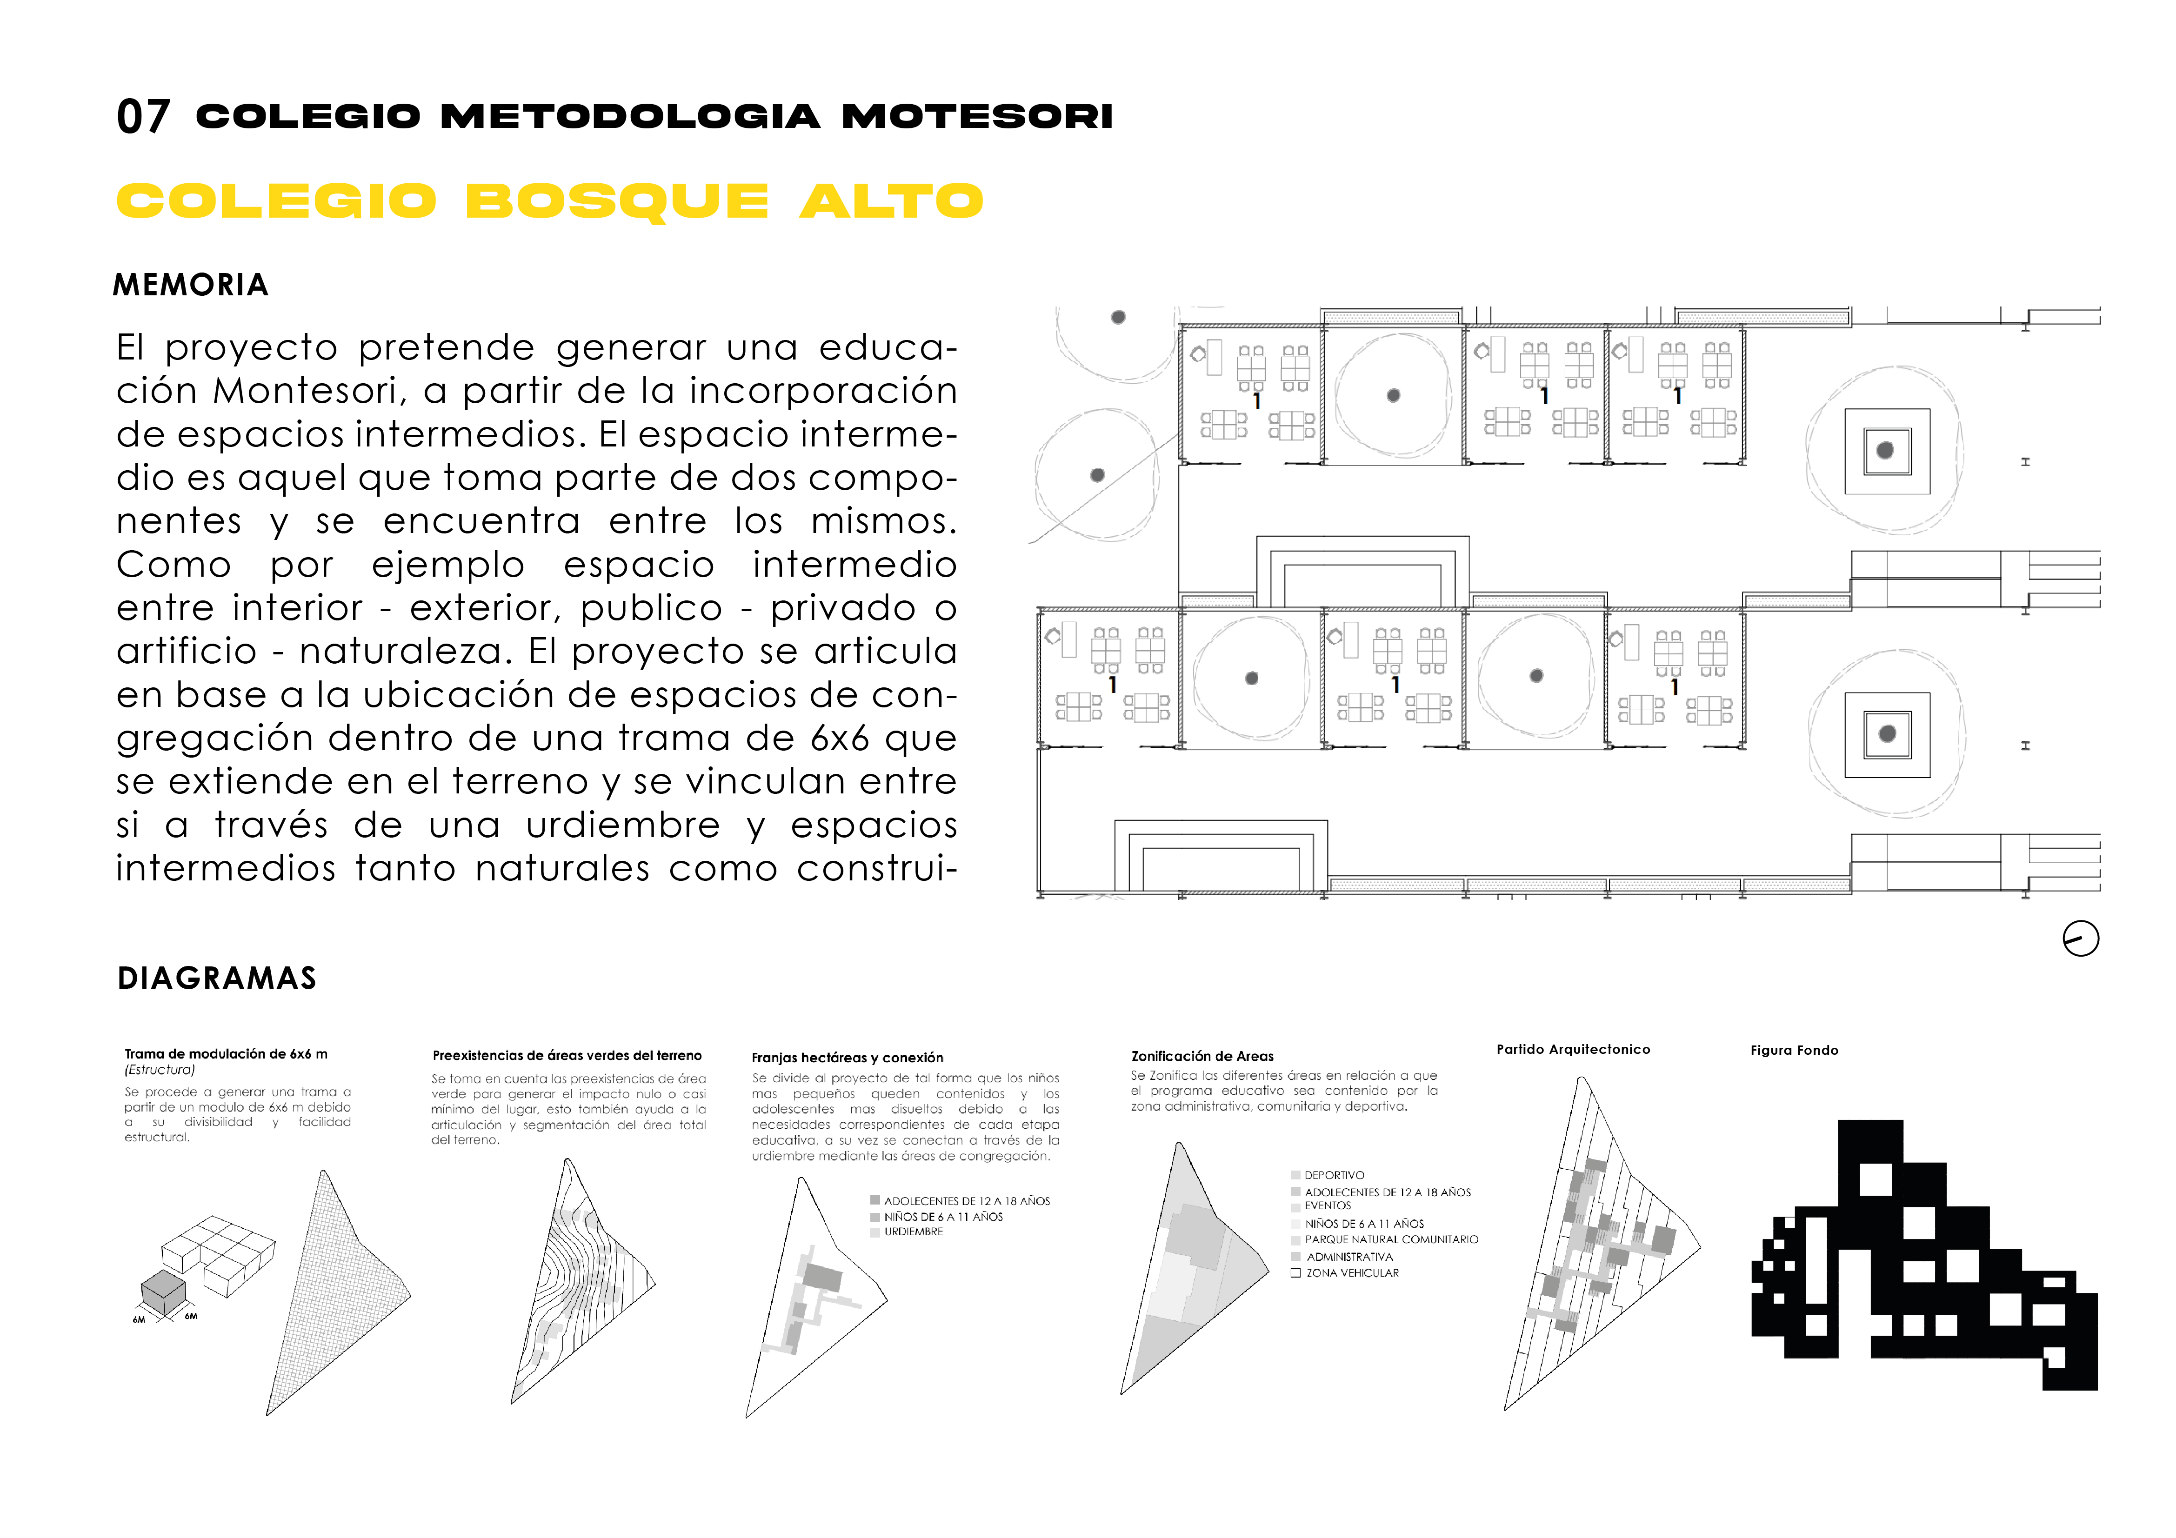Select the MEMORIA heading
[191, 285]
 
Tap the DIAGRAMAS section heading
[217, 978]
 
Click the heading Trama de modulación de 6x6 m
[226, 1054]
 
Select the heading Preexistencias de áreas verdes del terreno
[567, 1056]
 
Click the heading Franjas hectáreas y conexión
[847, 1058]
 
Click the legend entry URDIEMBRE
[913, 1232]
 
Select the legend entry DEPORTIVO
[1334, 1175]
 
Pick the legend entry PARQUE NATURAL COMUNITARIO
[1390, 1239]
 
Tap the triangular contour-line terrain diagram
[578, 1289]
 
